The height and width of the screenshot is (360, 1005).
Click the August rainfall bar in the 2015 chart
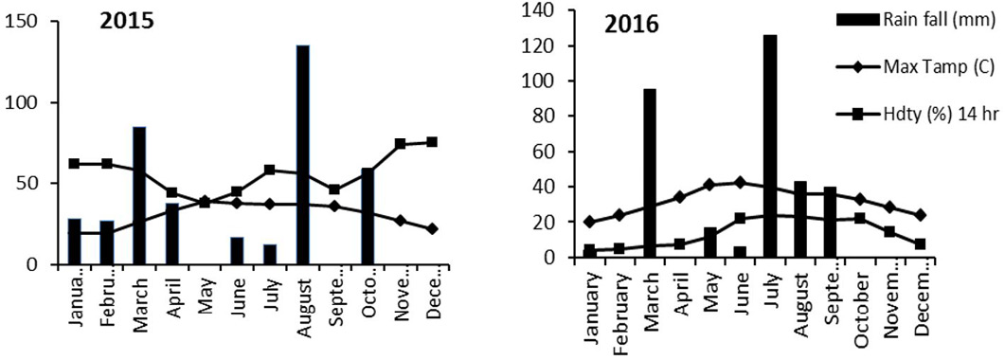(x=302, y=154)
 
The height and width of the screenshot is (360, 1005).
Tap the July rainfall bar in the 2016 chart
(x=770, y=146)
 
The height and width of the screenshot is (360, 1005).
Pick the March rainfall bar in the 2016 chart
(x=649, y=173)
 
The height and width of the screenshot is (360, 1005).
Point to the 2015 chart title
(x=126, y=21)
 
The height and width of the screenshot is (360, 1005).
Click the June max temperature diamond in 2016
(x=741, y=183)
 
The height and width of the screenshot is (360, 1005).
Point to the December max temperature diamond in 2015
(x=432, y=228)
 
